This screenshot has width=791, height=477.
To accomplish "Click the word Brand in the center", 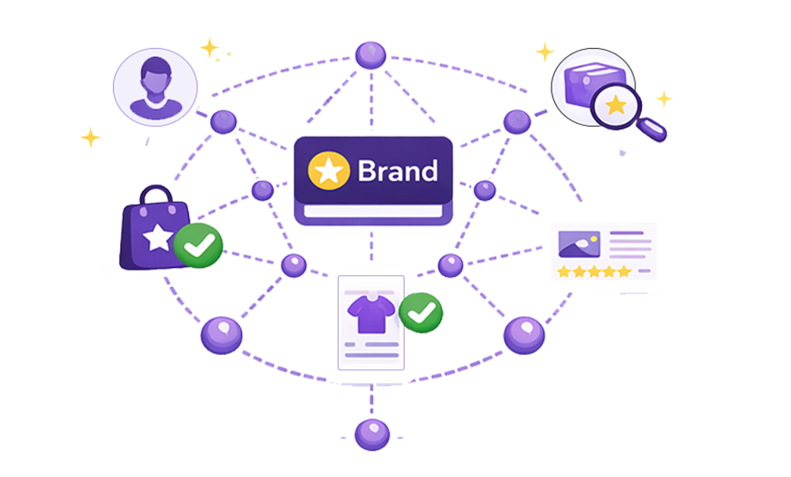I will tap(397, 170).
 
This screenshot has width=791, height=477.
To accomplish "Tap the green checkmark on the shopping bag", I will tap(197, 244).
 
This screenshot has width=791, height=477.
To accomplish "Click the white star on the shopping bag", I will tap(157, 237).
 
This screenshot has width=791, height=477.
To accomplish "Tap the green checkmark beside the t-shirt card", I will tap(420, 313).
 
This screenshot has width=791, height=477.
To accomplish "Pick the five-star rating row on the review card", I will tap(594, 271).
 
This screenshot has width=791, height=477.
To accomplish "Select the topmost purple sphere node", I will tap(370, 55).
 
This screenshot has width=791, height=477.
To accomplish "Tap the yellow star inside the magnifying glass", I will tap(616, 105).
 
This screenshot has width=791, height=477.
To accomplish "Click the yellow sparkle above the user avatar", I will tap(210, 46).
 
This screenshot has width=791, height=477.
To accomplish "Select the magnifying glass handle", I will tap(654, 130).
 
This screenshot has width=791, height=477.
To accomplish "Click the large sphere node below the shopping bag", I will tap(221, 335).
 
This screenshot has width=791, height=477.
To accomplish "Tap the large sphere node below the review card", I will tap(523, 335).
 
